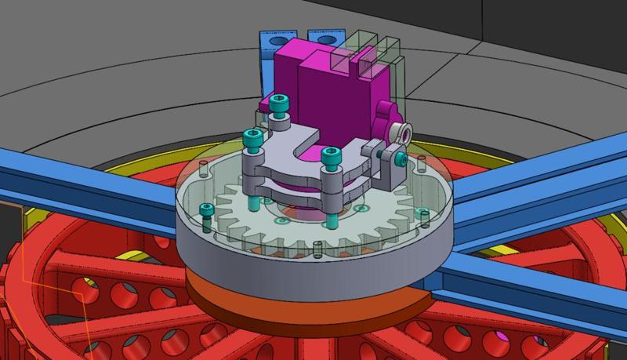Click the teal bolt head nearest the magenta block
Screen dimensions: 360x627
click(x=281, y=101)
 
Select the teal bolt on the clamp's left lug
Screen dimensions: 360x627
click(x=252, y=139)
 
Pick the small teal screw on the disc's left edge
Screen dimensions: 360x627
click(x=207, y=210)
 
